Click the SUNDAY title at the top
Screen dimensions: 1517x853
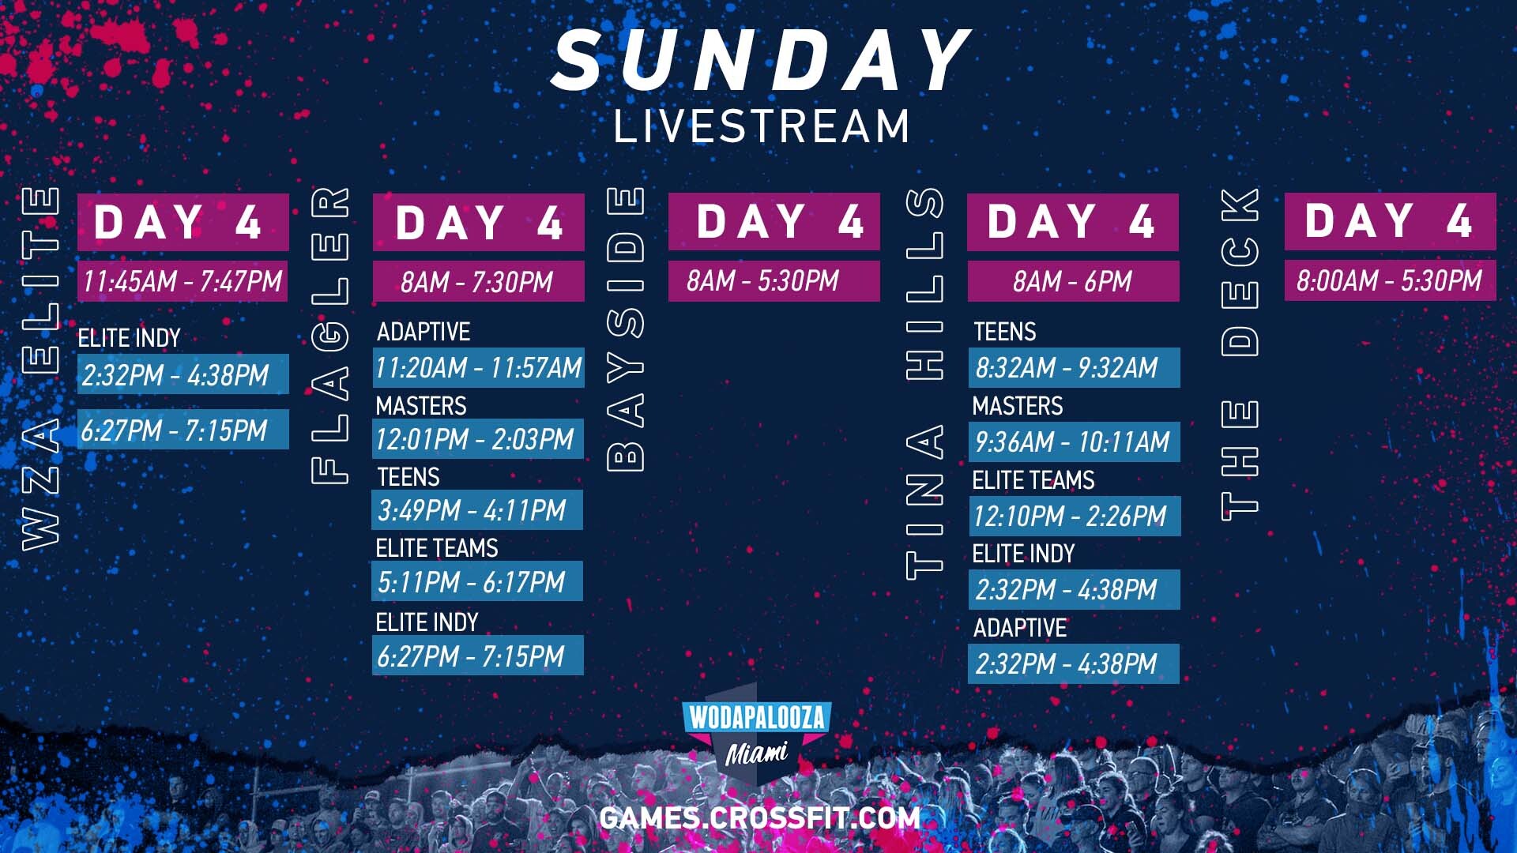[761, 61]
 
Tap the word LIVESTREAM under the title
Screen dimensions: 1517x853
[762, 126]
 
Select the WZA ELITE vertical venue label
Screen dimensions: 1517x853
[40, 368]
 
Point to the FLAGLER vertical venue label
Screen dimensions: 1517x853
[330, 335]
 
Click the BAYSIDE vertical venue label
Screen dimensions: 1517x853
[626, 329]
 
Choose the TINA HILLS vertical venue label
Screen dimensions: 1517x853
[924, 384]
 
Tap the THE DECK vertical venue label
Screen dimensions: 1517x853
[1240, 354]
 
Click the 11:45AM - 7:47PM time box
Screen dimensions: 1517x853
[183, 281]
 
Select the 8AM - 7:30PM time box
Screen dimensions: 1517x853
[478, 282]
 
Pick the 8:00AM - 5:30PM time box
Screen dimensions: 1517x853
[1390, 280]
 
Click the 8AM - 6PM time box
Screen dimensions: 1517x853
[1073, 281]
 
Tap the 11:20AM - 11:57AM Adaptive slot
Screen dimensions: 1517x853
[478, 368]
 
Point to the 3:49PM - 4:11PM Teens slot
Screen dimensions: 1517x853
[477, 510]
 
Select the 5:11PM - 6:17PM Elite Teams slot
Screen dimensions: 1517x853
[477, 581]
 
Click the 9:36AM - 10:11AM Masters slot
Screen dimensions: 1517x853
[1075, 442]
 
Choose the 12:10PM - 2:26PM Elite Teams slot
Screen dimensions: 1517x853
[1075, 516]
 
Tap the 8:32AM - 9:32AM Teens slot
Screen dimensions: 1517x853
[1075, 368]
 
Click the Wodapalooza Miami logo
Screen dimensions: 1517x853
[757, 734]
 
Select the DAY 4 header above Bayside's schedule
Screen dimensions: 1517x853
[774, 221]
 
